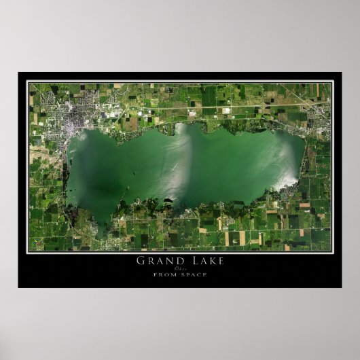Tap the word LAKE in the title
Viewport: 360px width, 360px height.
coord(205,260)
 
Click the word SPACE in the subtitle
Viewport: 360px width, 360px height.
coord(193,274)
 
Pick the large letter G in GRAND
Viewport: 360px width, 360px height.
coord(141,260)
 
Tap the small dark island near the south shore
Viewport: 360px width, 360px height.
coord(168,200)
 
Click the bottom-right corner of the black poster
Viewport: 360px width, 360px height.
coord(341,287)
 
